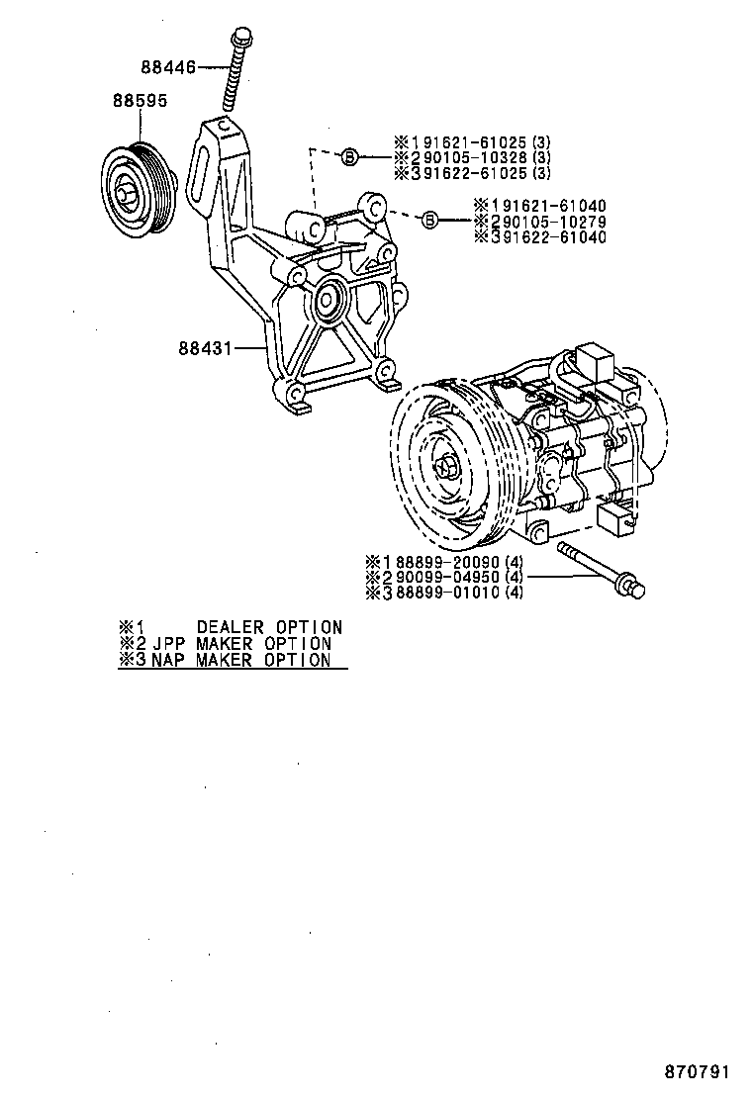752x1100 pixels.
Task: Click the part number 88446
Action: click(168, 67)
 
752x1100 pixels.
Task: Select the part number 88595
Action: click(139, 100)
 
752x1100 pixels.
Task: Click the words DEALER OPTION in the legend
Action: click(269, 627)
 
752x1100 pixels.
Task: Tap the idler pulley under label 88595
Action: click(140, 189)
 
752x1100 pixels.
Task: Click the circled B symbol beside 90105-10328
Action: click(349, 156)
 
